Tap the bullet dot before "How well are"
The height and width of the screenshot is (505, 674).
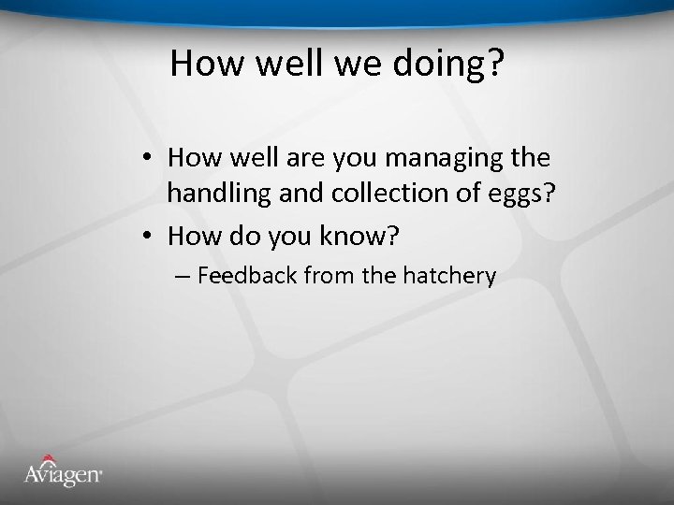(150, 160)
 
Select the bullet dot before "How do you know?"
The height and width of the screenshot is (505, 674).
(150, 238)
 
